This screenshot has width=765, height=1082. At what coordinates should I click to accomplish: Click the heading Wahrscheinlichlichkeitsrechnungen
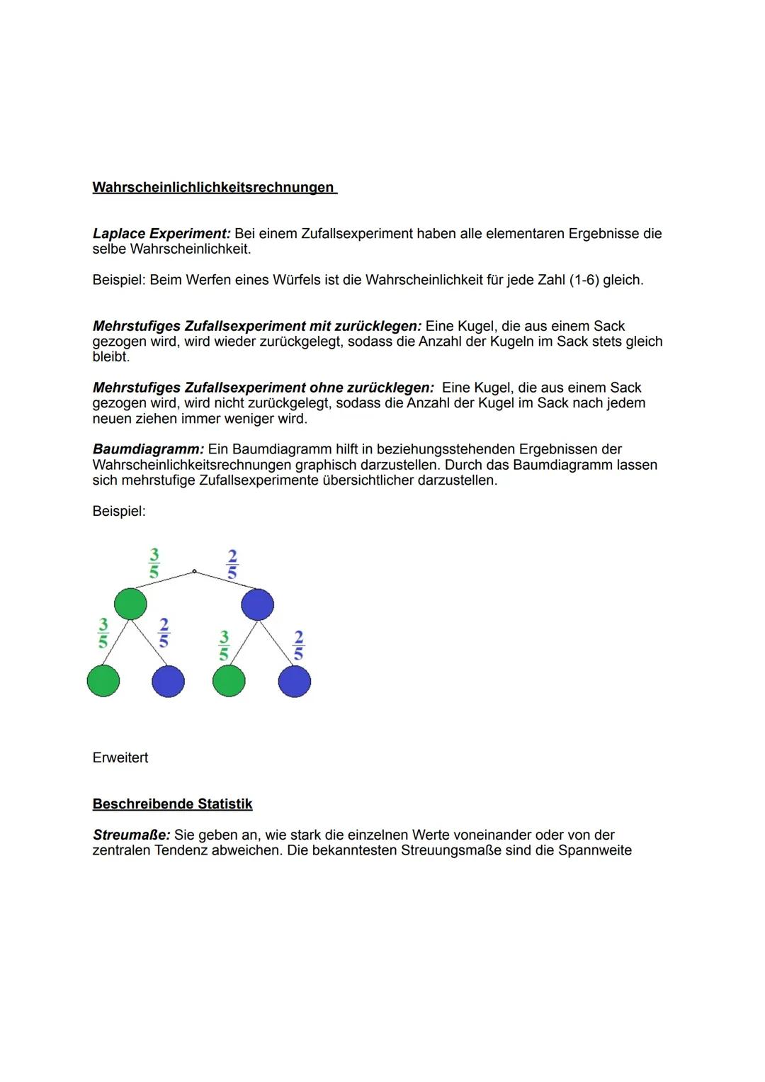[x=213, y=188]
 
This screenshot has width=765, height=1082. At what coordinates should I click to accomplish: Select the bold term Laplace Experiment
[x=161, y=234]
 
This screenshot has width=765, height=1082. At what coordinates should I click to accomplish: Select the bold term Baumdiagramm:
[x=148, y=449]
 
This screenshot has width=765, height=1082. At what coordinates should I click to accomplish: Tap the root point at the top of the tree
[x=194, y=571]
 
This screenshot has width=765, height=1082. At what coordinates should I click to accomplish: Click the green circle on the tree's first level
[x=130, y=604]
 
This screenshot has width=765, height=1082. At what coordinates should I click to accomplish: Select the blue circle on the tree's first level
[x=257, y=604]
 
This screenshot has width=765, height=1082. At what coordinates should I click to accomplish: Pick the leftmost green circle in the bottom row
[x=103, y=681]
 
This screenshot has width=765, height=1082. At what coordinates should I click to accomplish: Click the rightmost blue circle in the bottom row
[x=294, y=681]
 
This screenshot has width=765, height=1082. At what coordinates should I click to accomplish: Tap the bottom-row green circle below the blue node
[x=229, y=681]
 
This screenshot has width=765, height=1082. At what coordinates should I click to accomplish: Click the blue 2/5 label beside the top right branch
[x=232, y=563]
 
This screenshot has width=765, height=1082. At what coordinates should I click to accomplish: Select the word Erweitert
[x=120, y=758]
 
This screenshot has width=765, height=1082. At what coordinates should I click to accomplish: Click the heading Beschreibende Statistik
[x=172, y=804]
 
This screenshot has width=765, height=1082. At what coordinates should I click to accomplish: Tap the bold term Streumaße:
[x=131, y=835]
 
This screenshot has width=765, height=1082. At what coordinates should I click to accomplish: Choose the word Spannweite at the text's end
[x=594, y=850]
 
